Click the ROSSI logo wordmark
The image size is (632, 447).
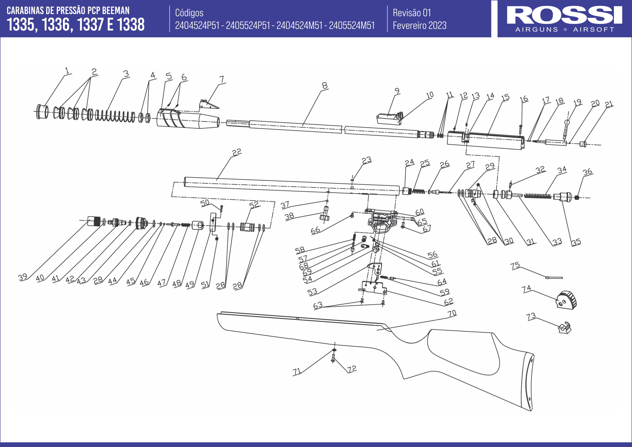click(564, 15)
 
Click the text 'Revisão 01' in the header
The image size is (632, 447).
click(412, 13)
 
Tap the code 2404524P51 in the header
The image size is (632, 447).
click(197, 26)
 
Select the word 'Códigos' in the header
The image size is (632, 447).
click(189, 13)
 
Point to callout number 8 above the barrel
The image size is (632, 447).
click(325, 86)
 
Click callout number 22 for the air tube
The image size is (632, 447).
click(236, 152)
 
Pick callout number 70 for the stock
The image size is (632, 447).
click(452, 313)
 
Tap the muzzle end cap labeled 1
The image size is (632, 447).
click(42, 112)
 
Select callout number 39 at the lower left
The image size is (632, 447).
click(23, 277)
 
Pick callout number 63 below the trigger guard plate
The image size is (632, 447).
click(318, 305)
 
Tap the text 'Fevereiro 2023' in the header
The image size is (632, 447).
click(419, 26)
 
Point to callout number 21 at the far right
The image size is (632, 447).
click(609, 104)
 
